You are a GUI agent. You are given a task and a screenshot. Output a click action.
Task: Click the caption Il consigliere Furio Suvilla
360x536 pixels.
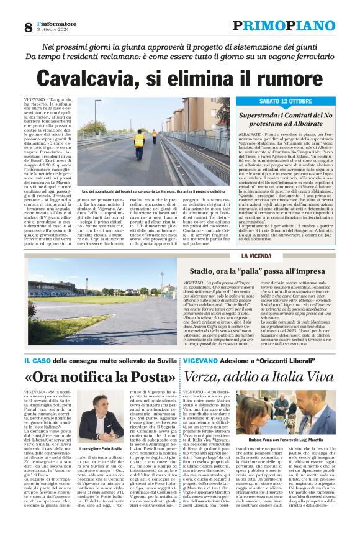(98, 448)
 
